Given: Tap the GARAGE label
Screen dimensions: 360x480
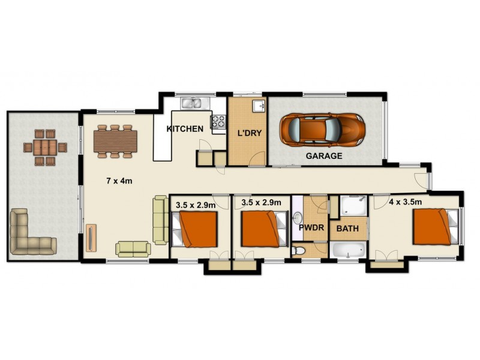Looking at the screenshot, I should click(x=324, y=155).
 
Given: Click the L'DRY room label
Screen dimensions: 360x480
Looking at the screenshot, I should click(x=250, y=133).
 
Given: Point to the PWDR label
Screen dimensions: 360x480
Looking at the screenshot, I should click(x=311, y=228).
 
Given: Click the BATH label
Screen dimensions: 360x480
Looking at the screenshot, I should click(x=347, y=229).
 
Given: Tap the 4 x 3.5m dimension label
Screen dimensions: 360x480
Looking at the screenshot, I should click(x=405, y=202).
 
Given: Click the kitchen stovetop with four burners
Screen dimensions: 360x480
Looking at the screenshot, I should click(x=217, y=122).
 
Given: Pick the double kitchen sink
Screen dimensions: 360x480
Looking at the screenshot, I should click(x=193, y=103).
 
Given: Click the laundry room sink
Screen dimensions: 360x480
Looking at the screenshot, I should click(x=259, y=106).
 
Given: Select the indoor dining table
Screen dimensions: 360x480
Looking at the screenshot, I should click(x=115, y=141).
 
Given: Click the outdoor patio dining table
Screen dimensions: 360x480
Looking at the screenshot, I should click(x=45, y=147).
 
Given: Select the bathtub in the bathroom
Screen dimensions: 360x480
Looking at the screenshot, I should click(x=347, y=250).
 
